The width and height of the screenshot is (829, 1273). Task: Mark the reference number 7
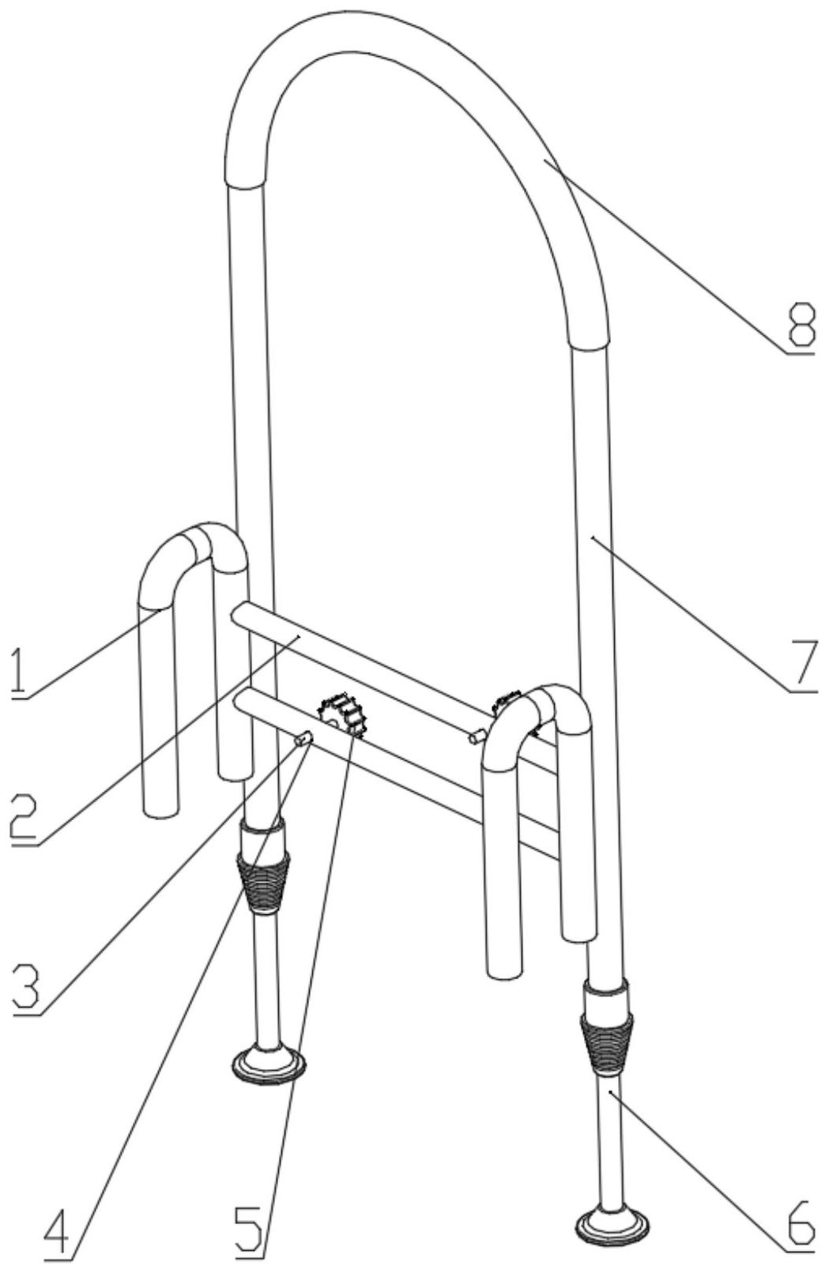801,664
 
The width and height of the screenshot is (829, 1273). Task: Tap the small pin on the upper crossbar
477,736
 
